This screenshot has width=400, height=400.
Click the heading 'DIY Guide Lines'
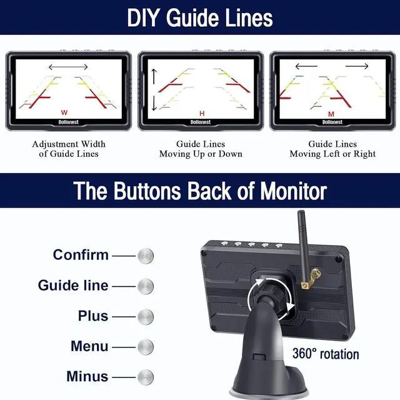click(x=200, y=17)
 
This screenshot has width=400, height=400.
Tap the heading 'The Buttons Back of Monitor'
click(x=200, y=191)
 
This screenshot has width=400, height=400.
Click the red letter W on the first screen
click(x=64, y=113)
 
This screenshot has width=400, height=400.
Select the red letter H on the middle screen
click(x=201, y=113)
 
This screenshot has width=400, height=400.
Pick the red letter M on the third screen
click(x=332, y=113)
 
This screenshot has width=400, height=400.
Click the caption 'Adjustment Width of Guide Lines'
click(x=65, y=149)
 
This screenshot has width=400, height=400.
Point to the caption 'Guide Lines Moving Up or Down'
click(x=201, y=149)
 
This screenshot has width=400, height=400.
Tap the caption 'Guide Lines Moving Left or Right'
click(x=332, y=149)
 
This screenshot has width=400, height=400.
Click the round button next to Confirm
click(x=145, y=256)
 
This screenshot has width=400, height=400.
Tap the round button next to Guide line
click(x=145, y=286)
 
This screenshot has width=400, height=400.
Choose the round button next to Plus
click(x=145, y=316)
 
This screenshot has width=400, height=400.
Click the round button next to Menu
click(x=145, y=346)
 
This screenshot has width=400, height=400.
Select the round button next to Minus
click(x=145, y=377)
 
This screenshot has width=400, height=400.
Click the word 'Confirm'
click(x=81, y=255)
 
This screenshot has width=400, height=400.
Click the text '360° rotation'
click(x=326, y=354)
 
